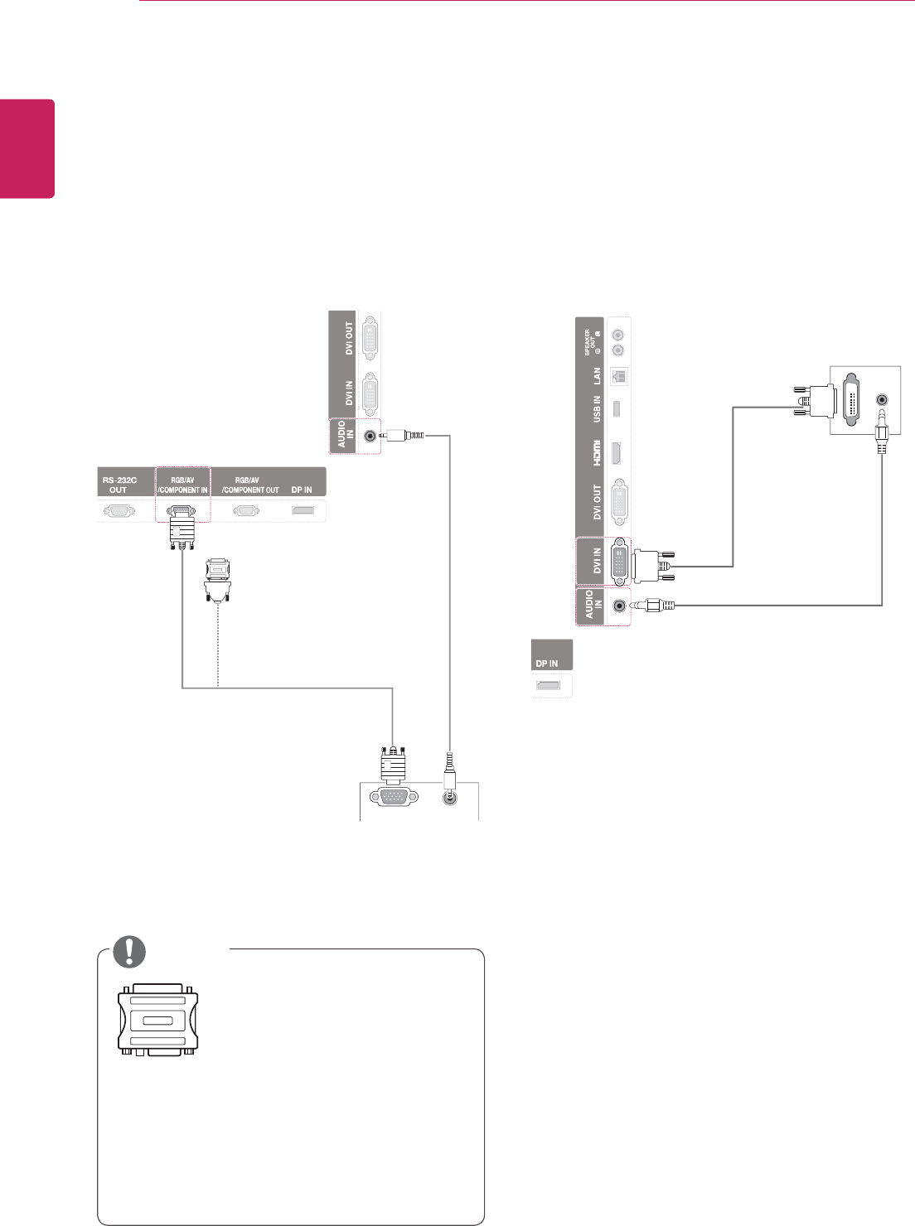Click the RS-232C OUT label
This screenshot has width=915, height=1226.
tap(119, 485)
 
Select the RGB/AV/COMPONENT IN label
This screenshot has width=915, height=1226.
tap(183, 485)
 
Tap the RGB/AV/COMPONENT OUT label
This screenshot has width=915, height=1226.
tap(250, 485)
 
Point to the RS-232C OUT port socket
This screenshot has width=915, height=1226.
tap(119, 511)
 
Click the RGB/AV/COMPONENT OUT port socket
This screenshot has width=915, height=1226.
tap(248, 511)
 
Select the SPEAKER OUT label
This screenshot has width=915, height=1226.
tap(590, 340)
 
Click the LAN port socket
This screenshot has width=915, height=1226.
tap(618, 375)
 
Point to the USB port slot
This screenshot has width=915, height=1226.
tap(617, 409)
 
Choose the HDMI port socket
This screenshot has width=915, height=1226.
tap(617, 453)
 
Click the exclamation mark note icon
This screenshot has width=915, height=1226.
tap(129, 952)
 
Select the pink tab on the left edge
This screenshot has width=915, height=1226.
tap(27, 149)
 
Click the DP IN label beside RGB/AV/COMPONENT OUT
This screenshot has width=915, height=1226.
tap(302, 490)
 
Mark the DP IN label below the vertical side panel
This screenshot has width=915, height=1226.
tap(547, 664)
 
